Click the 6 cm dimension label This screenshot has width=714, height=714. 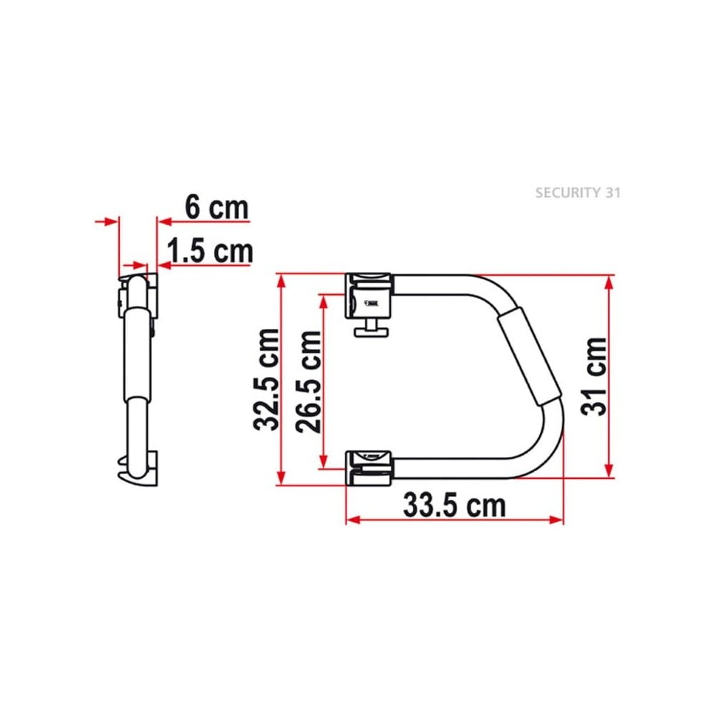[217, 208]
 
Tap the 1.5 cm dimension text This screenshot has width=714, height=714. [209, 251]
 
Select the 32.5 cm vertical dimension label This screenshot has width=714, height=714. [266, 379]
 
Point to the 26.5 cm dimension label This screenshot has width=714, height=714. [308, 381]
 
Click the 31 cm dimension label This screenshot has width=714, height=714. [594, 376]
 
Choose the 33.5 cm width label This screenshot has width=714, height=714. [454, 506]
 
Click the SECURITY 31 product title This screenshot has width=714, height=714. [578, 193]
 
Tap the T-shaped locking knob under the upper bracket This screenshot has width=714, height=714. [371, 328]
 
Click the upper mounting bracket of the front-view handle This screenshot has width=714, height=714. [368, 296]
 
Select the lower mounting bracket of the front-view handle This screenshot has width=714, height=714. [368, 468]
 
